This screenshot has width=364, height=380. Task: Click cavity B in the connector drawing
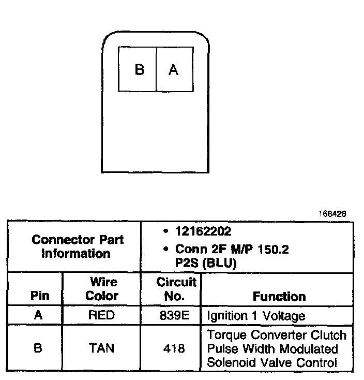[x=139, y=70]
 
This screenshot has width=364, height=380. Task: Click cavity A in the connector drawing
[x=174, y=70]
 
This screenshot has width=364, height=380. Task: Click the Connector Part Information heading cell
[x=78, y=247]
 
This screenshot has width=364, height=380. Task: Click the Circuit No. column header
[x=176, y=289]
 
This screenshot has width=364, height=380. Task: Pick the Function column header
[x=279, y=297]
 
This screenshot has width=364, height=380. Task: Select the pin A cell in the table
[x=38, y=315]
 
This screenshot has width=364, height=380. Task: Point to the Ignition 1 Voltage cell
[x=256, y=315]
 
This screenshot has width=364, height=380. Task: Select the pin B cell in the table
[x=38, y=348]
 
